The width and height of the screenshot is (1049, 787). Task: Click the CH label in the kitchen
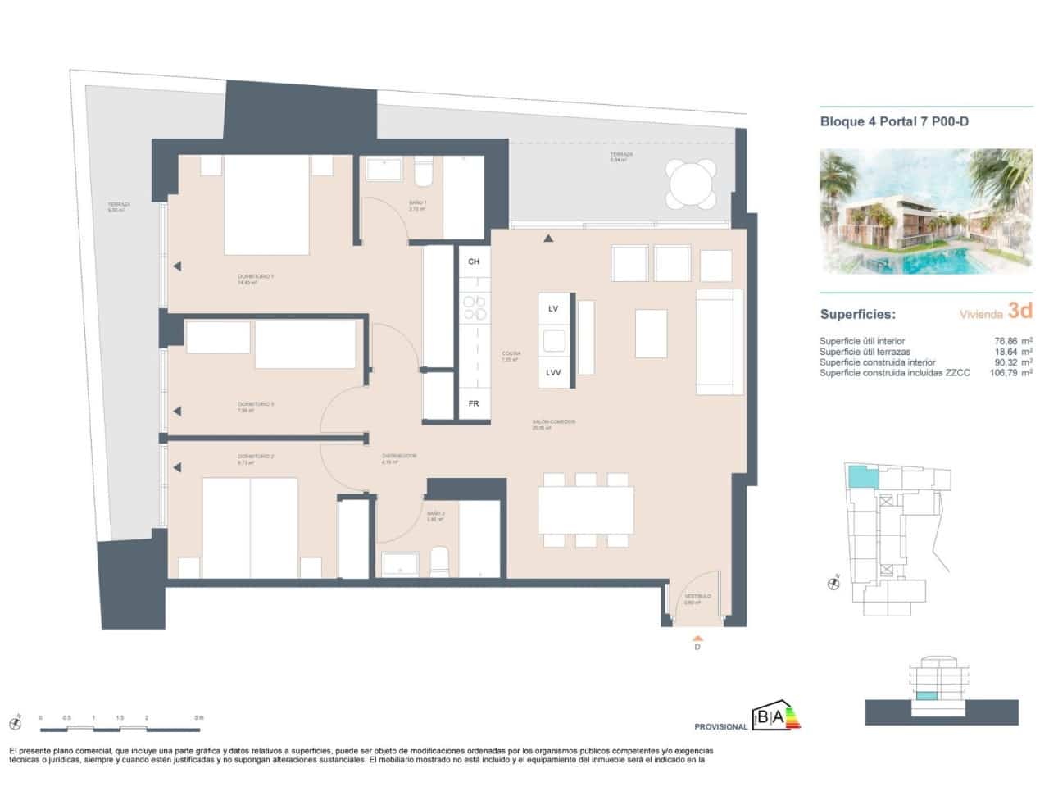pyautogui.click(x=473, y=262)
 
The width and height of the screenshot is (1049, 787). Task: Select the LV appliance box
pyautogui.click(x=553, y=308)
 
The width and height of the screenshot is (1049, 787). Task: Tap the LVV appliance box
pyautogui.click(x=553, y=372)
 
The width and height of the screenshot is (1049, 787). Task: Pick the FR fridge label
pyautogui.click(x=473, y=403)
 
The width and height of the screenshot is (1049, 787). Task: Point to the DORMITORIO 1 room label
pyautogui.click(x=256, y=277)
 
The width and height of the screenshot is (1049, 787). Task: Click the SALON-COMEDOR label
pyautogui.click(x=553, y=422)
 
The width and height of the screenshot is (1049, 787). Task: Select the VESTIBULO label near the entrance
pyautogui.click(x=697, y=597)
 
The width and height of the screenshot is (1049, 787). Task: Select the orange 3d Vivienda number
pyautogui.click(x=1019, y=312)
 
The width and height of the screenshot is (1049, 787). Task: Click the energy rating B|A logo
pyautogui.click(x=776, y=718)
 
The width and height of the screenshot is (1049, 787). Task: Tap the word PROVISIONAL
pyautogui.click(x=720, y=727)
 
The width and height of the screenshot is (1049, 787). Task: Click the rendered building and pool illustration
pyautogui.click(x=926, y=212)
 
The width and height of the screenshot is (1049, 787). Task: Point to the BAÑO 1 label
pyautogui.click(x=418, y=202)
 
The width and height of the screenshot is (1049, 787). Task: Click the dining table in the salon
pyautogui.click(x=586, y=510)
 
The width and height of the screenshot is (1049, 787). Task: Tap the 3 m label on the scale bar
pyautogui.click(x=198, y=718)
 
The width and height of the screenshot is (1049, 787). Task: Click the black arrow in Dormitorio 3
pyautogui.click(x=176, y=411)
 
